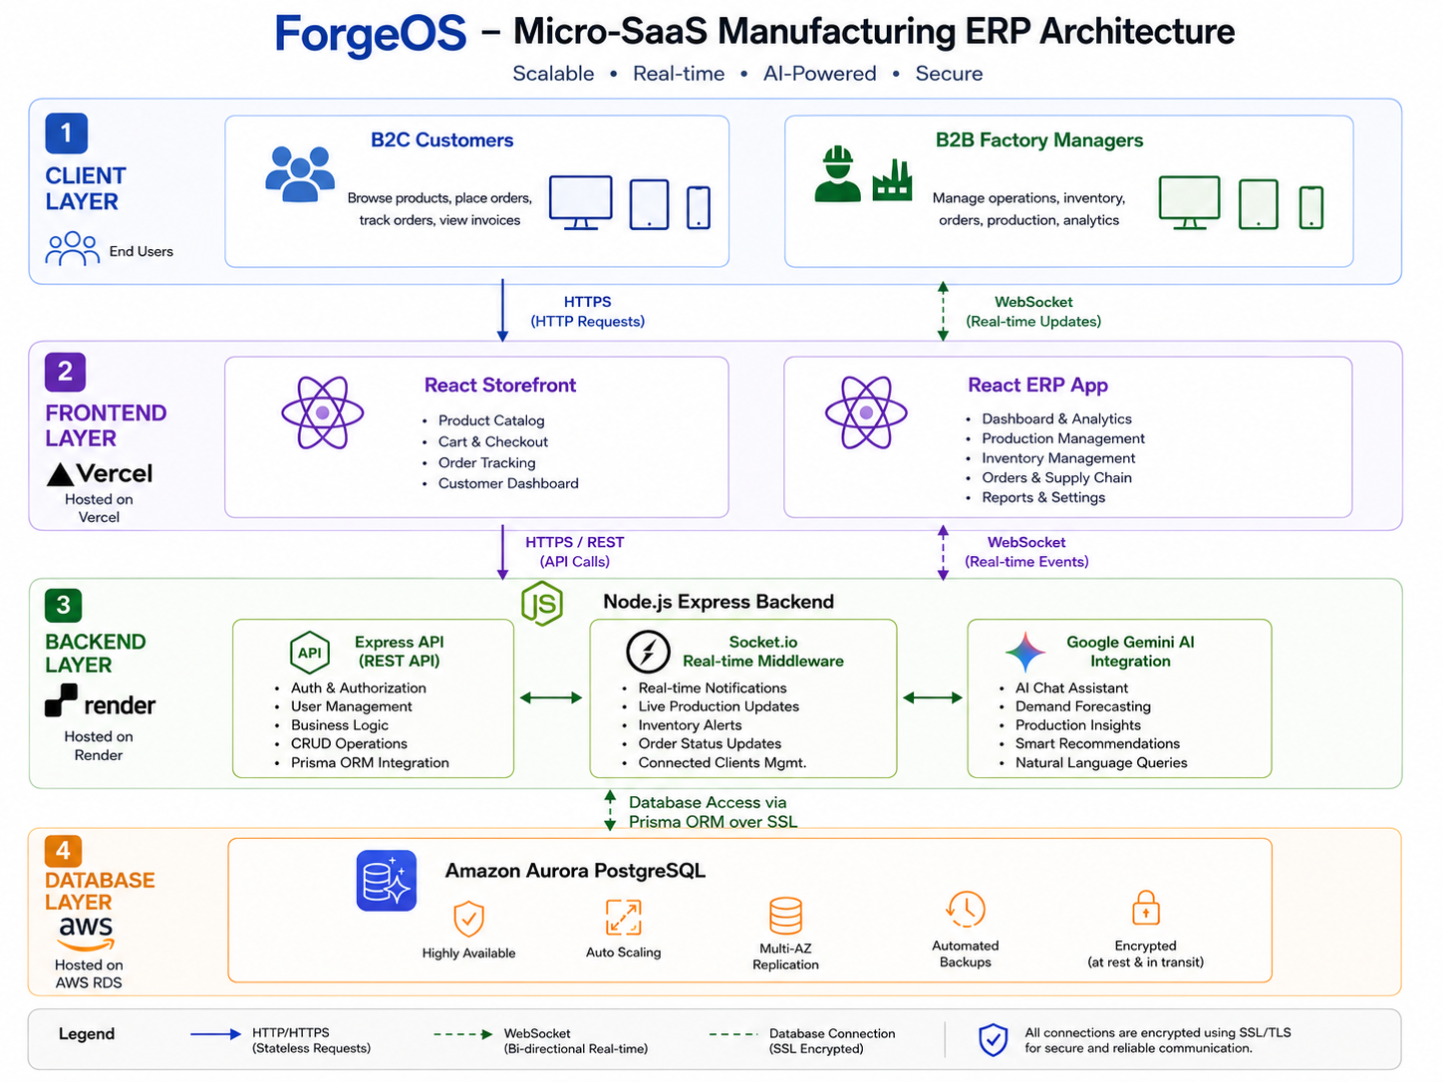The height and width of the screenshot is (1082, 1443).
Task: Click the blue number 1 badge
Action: [x=66, y=134]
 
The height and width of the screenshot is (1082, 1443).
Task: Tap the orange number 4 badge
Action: [x=63, y=851]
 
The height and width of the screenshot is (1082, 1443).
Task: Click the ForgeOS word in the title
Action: [x=370, y=33]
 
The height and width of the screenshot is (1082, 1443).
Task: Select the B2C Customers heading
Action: [x=441, y=139]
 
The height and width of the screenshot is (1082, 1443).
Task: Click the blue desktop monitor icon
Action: [x=580, y=202]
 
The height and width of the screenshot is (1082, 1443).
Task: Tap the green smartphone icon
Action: [x=1310, y=207]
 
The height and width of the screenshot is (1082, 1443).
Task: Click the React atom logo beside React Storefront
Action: [x=322, y=412]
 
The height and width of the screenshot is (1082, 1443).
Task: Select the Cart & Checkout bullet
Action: [x=493, y=441]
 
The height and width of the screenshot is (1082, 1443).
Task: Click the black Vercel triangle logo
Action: [x=60, y=474]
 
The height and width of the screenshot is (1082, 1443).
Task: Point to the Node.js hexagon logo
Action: [x=542, y=603]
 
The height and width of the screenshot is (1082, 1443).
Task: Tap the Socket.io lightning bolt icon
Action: [x=648, y=652]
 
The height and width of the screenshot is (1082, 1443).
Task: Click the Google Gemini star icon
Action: [x=1025, y=652]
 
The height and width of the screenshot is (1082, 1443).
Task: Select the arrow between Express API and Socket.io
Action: [x=551, y=697]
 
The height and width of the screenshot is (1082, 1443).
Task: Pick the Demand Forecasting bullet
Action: [x=1082, y=706]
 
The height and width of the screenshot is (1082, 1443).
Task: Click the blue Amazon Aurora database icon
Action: [x=387, y=881]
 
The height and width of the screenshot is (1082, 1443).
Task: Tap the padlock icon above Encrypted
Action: [x=1146, y=908]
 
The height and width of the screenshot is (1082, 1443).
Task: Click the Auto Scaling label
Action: [x=623, y=951]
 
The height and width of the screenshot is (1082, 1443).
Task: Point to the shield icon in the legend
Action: [x=993, y=1039]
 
